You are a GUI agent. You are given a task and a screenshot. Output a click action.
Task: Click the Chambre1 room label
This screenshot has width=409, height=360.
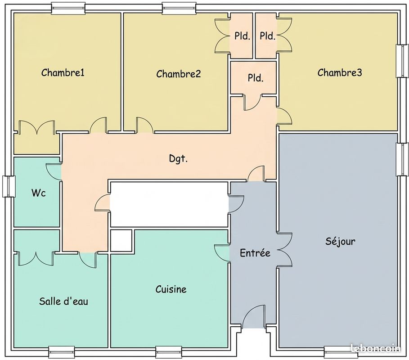pos(63,72)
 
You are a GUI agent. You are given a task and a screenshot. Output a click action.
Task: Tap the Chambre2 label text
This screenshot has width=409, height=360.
pos(179,74)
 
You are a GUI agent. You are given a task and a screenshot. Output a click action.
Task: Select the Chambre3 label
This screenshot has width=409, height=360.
pos(340,72)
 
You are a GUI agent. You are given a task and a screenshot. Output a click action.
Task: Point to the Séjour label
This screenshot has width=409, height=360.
pos(340,241)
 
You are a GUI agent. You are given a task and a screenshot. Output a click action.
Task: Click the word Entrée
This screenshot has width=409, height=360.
pos(255,253)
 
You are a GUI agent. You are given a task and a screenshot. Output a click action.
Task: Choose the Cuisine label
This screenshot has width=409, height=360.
pos(171,289)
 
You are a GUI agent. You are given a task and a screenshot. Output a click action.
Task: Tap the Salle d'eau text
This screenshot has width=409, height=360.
pos(63,301)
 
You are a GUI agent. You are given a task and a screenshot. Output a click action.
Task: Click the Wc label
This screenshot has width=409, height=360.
pos(39,193)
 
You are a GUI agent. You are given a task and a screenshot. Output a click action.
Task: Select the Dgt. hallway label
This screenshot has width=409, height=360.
pos(179,158)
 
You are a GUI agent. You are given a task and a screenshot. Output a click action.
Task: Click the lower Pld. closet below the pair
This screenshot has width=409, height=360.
pos(256,78)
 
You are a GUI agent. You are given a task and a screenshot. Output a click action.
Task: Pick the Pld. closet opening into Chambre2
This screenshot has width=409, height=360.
pos(242,36)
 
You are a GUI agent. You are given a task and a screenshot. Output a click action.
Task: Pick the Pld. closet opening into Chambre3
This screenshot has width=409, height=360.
pos(267,36)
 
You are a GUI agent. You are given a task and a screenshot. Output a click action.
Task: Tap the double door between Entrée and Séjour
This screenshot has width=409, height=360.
pos(284,250)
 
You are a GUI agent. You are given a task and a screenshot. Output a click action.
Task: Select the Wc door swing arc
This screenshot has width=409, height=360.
pos(54,171)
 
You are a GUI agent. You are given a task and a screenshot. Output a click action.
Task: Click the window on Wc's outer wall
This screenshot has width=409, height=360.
pos(8,186)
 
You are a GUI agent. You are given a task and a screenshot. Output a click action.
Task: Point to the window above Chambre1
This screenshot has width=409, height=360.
pos(68,8)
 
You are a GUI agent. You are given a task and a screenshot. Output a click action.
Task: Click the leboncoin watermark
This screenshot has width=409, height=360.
pos(376,348)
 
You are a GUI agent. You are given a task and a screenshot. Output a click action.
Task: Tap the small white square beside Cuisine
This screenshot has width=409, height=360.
pos(121,240)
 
